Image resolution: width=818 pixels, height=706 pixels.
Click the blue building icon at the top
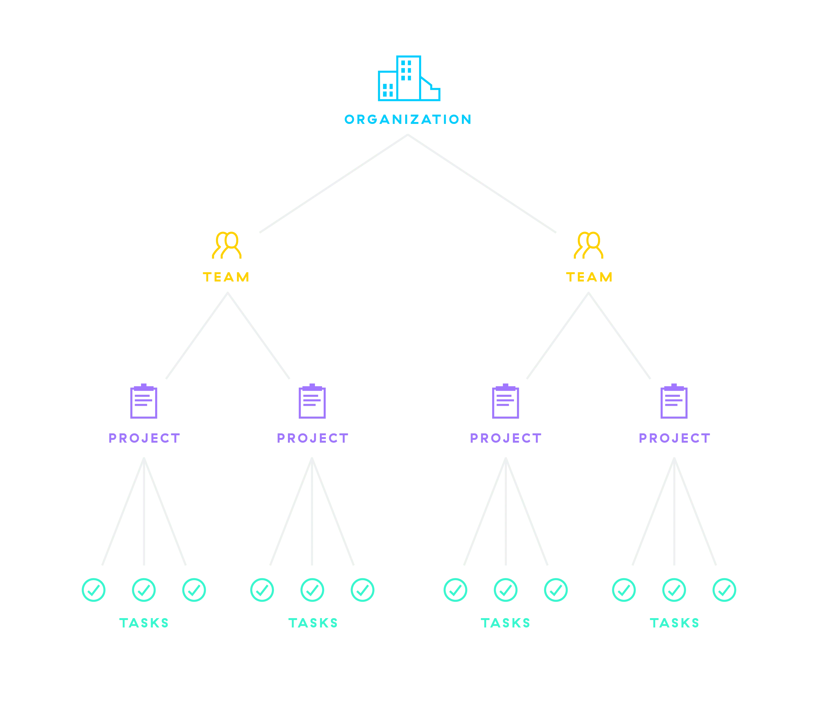(409, 79)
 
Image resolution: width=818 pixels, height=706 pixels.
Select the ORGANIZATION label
(408, 119)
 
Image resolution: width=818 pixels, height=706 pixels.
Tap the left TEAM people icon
(227, 245)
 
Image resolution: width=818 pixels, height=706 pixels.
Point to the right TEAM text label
(589, 277)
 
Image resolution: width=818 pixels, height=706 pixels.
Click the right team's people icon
(589, 245)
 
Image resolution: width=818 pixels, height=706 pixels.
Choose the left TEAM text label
(226, 277)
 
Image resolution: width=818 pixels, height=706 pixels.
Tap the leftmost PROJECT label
(144, 438)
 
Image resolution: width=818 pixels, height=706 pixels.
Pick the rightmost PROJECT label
(674, 438)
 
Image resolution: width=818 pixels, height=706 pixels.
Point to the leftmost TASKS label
(144, 623)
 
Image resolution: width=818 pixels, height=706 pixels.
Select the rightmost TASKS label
(674, 623)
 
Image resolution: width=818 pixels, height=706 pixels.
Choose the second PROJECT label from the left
(313, 438)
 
